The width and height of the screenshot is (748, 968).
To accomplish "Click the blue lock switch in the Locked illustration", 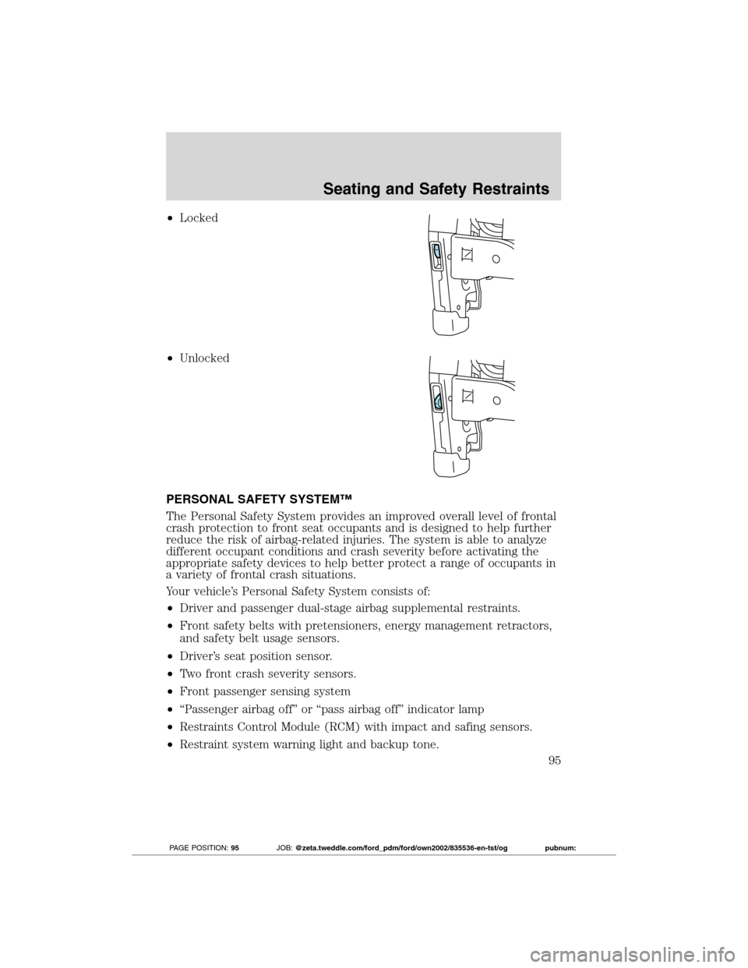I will point(437,253).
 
